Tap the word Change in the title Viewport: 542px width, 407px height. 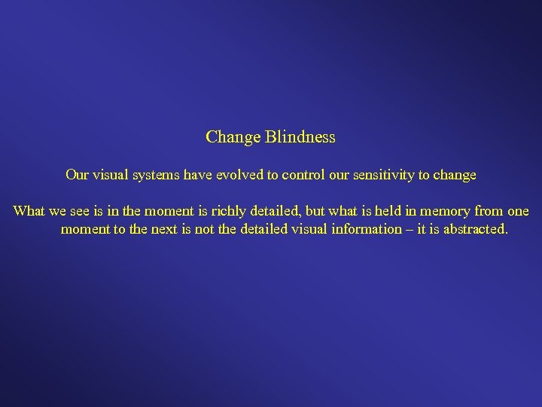click(233, 137)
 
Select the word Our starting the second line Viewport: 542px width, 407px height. click(77, 175)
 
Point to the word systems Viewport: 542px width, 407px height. click(155, 175)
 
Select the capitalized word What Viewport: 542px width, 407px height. click(29, 210)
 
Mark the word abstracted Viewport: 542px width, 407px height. click(473, 228)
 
